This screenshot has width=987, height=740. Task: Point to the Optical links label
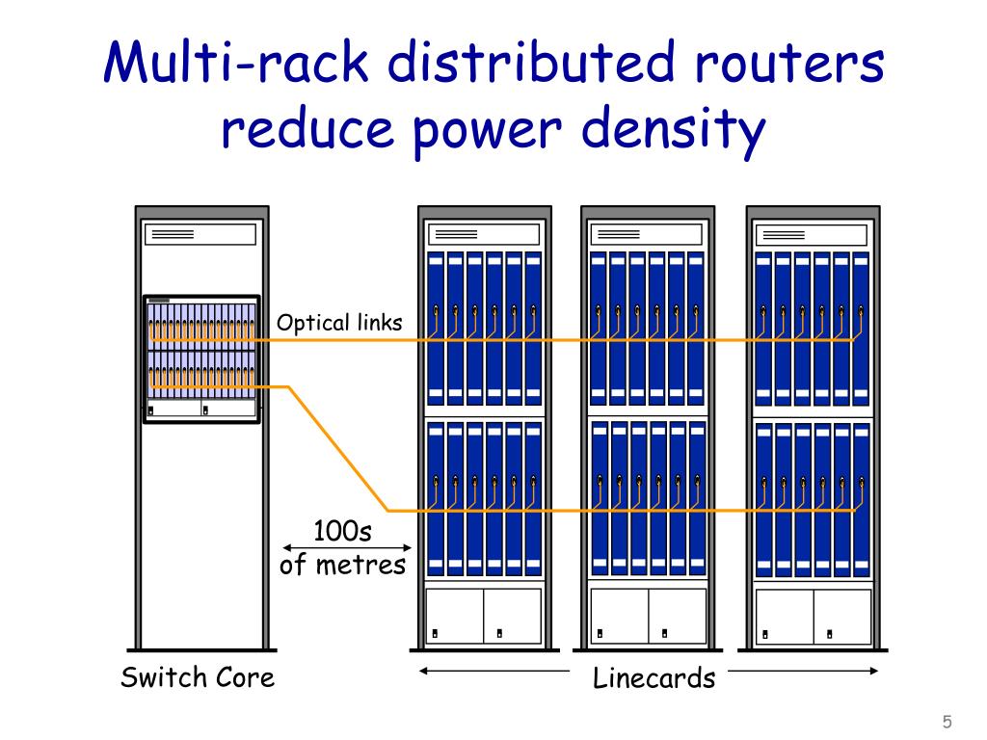pyautogui.click(x=339, y=323)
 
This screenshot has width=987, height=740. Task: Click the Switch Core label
pyautogui.click(x=198, y=676)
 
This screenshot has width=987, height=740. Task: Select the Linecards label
pyautogui.click(x=654, y=677)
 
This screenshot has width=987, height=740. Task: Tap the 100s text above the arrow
pyautogui.click(x=342, y=531)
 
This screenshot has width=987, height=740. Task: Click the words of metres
pyautogui.click(x=342, y=564)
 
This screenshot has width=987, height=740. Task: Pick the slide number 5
pyautogui.click(x=947, y=722)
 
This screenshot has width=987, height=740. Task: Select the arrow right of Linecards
pyautogui.click(x=802, y=671)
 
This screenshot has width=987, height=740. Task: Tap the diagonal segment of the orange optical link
pyautogui.click(x=338, y=449)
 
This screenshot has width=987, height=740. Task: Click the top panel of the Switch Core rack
pyautogui.click(x=200, y=234)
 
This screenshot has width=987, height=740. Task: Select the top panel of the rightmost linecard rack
pyautogui.click(x=813, y=234)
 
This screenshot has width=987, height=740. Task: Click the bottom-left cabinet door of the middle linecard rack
pyautogui.click(x=619, y=616)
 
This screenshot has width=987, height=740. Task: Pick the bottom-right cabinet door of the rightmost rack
pyautogui.click(x=842, y=616)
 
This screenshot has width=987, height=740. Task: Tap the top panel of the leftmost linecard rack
pyautogui.click(x=483, y=234)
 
